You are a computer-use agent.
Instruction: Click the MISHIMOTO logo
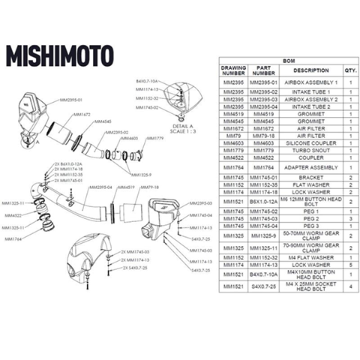pyautogui.click(x=60, y=55)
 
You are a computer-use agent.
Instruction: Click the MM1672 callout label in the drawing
pyautogui.click(x=81, y=115)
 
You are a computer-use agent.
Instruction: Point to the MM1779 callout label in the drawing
pyautogui.click(x=154, y=139)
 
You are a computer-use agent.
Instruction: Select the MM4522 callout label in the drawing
pyautogui.click(x=13, y=214)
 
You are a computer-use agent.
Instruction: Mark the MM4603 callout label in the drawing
pyautogui.click(x=130, y=139)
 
